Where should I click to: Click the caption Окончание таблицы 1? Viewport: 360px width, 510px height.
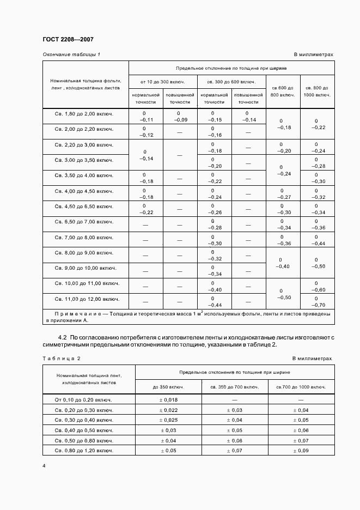tap(71, 54)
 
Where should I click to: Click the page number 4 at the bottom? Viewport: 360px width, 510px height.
tap(44, 466)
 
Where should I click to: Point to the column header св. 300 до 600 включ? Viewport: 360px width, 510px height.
tap(231, 82)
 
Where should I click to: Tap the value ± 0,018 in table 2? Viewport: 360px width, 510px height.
tap(168, 399)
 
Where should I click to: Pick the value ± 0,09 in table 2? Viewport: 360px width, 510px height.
tap(301, 451)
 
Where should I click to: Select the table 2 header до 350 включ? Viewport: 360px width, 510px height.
tap(168, 386)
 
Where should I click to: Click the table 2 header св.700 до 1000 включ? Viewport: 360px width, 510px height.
tap(301, 386)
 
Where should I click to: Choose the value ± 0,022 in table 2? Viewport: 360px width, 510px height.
tap(168, 410)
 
